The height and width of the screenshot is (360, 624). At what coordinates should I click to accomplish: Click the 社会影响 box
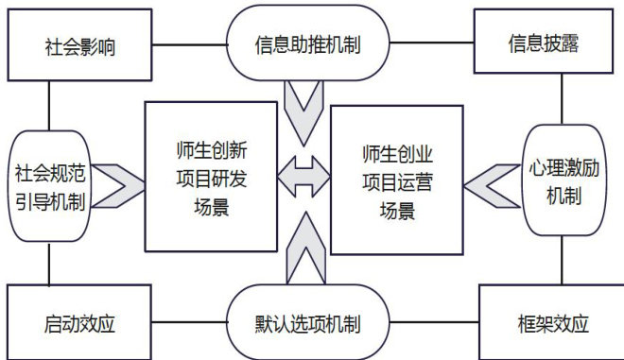79,45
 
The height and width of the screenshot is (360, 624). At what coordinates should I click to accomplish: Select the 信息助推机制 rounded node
307,43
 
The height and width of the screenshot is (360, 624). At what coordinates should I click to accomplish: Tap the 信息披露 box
544,42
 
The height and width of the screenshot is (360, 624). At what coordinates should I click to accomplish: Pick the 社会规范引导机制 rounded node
50,186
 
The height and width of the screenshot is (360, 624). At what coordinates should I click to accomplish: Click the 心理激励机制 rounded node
563,180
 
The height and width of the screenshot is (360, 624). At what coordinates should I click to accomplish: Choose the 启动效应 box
79,322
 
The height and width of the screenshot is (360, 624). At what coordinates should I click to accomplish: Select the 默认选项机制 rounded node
307,323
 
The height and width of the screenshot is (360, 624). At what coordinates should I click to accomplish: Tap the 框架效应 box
551,322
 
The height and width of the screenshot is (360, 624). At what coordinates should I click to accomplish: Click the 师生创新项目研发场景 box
211,177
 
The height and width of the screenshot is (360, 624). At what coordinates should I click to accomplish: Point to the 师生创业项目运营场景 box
397,180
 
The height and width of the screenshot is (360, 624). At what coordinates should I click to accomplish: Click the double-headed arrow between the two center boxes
304,177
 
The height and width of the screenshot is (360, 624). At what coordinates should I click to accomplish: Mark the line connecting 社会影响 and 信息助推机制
189,44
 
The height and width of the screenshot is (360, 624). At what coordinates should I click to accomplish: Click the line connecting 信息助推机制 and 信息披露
431,43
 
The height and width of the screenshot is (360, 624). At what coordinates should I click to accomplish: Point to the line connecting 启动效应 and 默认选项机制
189,322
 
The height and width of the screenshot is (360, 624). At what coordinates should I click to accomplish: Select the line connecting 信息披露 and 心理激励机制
562,99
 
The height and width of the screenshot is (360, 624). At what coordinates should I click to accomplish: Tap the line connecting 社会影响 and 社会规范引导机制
49,106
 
